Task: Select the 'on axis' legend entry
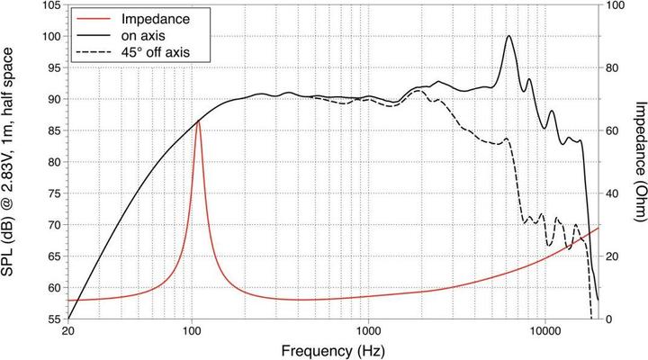coord(155,34)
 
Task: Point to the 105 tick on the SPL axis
coord(49,5)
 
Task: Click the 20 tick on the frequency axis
coord(68,330)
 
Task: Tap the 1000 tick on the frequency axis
coord(367,330)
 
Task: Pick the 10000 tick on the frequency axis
coord(544,330)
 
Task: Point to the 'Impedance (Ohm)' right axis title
coord(638,162)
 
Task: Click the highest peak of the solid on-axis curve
coord(509,36)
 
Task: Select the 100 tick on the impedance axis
coord(616,5)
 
